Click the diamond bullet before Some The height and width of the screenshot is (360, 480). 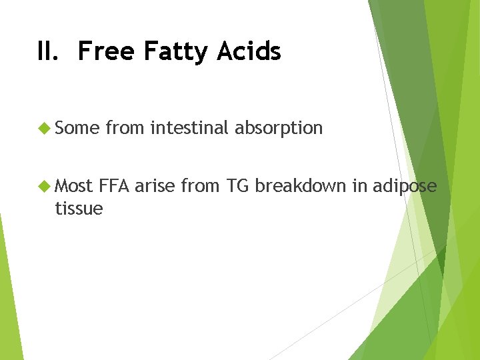45,128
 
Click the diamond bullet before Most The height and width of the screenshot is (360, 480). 45,186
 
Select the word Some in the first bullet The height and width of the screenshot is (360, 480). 77,128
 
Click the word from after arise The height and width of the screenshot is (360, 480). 201,186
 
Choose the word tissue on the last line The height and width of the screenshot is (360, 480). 79,209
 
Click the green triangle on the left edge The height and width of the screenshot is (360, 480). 8,300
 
